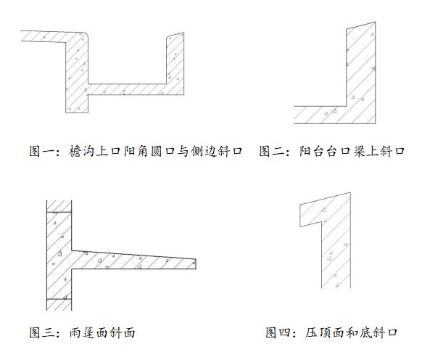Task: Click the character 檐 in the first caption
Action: coord(75,151)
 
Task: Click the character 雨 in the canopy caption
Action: coord(75,332)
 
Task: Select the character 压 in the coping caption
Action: coord(311,332)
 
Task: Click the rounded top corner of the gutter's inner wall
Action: coord(86,34)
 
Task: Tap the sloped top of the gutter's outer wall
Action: coord(175,35)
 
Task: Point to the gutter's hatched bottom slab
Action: coord(127,89)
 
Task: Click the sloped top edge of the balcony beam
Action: coord(361,25)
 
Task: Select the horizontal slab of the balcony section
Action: coord(320,115)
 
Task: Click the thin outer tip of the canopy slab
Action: coord(196,264)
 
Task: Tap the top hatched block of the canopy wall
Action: coord(59,206)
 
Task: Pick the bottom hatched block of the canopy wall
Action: coord(59,305)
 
